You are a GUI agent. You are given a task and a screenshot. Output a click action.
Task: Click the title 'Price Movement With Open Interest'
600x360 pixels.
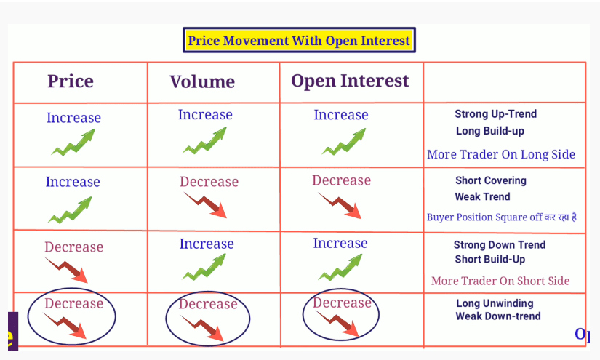(x=299, y=41)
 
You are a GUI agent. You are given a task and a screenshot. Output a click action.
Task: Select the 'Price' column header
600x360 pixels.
(x=71, y=81)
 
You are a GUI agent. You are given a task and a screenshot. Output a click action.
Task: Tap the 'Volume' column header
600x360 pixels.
(x=202, y=81)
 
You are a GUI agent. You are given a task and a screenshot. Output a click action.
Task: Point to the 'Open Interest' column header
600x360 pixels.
(x=350, y=81)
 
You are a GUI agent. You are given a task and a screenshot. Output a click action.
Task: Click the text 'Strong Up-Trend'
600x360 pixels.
(x=495, y=114)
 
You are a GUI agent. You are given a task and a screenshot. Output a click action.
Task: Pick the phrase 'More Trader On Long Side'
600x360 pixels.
(x=501, y=154)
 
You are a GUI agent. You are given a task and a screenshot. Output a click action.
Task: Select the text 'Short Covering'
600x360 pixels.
(x=491, y=180)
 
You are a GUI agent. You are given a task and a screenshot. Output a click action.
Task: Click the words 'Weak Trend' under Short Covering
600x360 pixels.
(x=482, y=196)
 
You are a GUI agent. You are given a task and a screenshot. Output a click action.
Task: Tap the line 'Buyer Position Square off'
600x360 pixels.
(x=484, y=217)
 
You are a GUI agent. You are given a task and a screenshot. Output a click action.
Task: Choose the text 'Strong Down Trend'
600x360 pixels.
(x=500, y=245)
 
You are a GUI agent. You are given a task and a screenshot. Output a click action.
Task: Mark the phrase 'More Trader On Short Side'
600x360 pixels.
(x=500, y=281)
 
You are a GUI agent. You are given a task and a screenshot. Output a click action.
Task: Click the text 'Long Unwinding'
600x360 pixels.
(x=495, y=303)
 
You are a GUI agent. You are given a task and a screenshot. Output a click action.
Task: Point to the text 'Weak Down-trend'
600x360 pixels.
(x=498, y=316)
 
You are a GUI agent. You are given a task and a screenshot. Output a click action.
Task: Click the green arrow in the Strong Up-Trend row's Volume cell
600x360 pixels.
(x=205, y=143)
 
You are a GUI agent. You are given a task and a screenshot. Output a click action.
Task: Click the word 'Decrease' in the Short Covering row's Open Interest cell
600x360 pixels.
(x=341, y=180)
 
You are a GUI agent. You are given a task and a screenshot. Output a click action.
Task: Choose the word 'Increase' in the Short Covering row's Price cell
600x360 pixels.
(x=73, y=182)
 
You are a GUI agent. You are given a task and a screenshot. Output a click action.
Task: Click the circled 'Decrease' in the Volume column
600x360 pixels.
(x=208, y=304)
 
